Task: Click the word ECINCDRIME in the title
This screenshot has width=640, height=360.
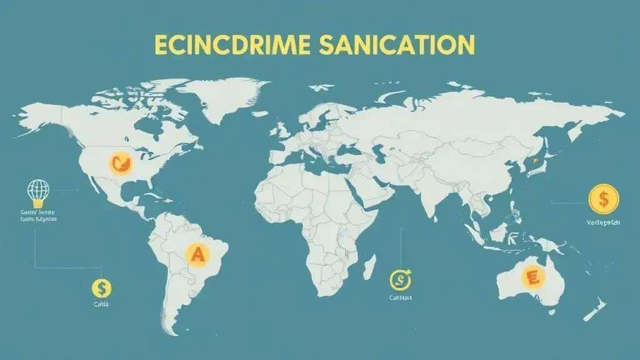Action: pyautogui.click(x=241, y=46)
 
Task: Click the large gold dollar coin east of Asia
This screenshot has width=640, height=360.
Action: pyautogui.click(x=603, y=200)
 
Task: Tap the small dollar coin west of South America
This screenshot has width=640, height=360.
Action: pyautogui.click(x=101, y=287)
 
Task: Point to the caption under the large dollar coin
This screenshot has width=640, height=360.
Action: pyautogui.click(x=602, y=223)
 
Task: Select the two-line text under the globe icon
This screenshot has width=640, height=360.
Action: pyautogui.click(x=37, y=216)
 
